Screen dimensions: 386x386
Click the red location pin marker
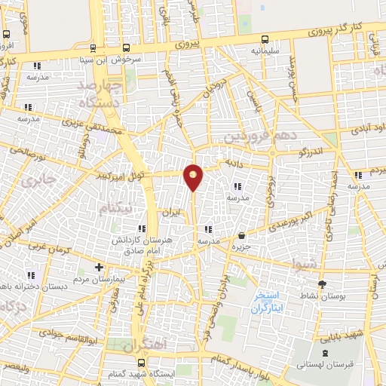tap(194, 176)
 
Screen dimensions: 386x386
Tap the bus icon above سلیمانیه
tap(265, 40)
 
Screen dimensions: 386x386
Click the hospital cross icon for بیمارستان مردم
tap(99, 267)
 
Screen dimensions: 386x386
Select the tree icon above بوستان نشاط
tap(323, 283)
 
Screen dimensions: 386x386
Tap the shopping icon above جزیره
tap(240, 235)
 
